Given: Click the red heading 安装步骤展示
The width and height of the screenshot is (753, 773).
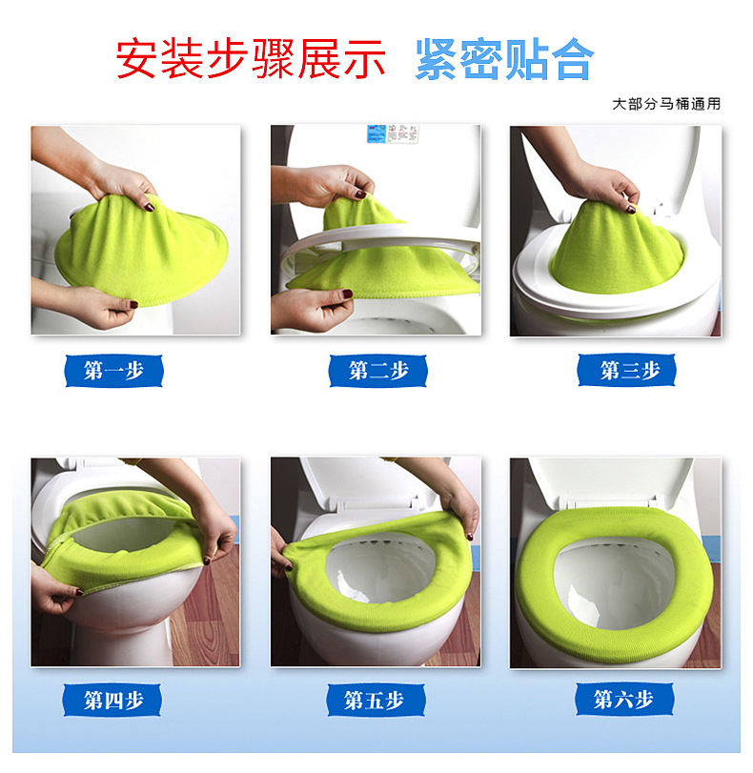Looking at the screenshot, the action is [x=251, y=59].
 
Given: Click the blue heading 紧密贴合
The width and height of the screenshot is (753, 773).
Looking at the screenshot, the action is [x=504, y=59].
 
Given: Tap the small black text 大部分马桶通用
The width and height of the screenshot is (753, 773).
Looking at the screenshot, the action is [x=666, y=104].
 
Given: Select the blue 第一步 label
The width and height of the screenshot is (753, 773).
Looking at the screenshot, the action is [x=114, y=371].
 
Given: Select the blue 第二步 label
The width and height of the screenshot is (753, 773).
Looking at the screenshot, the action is [x=378, y=371].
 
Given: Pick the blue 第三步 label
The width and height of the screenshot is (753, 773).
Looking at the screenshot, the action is [x=627, y=370].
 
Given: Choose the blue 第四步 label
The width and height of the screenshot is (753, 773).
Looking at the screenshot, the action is [x=112, y=700].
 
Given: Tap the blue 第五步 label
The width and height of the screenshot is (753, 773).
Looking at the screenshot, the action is [x=376, y=700].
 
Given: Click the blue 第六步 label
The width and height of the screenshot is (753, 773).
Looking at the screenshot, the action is [x=624, y=699].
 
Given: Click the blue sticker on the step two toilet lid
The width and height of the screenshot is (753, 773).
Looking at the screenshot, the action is [x=376, y=133].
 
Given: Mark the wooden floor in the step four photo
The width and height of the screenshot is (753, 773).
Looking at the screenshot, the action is [x=207, y=617].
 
